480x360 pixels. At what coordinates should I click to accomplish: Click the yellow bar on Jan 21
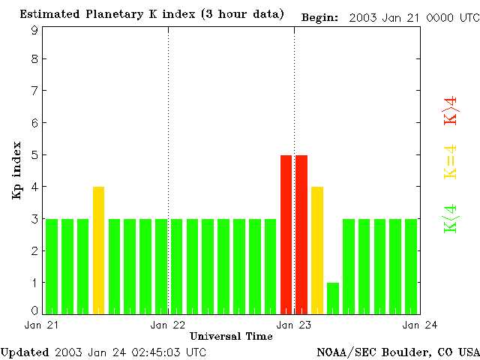98,250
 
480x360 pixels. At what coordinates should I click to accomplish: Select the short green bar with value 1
333,298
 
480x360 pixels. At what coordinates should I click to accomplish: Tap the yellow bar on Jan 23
317,250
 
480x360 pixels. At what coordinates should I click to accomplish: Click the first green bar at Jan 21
52,265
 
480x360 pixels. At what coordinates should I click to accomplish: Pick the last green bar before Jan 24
411,265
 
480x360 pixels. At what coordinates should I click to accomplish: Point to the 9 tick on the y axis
34,30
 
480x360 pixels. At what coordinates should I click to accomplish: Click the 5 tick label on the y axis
34,155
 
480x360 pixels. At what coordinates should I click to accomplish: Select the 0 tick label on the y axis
34,310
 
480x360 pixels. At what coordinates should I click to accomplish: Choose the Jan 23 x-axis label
293,325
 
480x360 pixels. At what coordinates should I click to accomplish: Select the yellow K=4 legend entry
451,162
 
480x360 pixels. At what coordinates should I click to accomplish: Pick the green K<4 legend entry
451,218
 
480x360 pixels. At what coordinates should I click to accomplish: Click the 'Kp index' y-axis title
16,169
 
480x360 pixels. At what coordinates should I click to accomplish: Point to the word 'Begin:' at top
319,16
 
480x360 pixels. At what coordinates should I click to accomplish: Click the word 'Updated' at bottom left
25,352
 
